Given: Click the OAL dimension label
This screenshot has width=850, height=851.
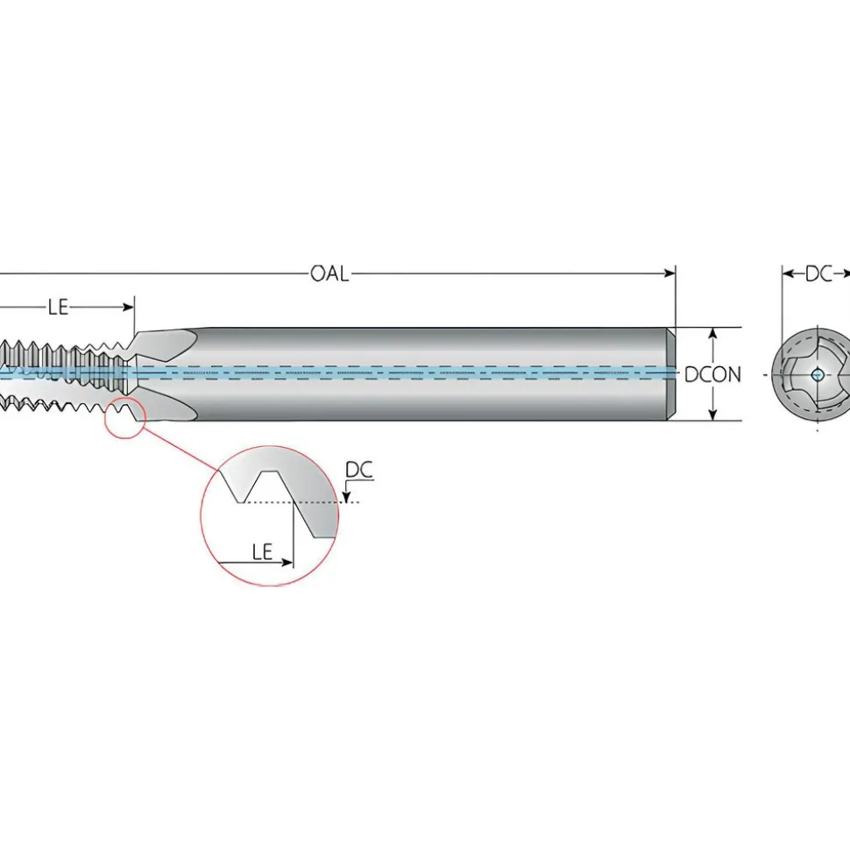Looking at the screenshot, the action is tap(329, 273).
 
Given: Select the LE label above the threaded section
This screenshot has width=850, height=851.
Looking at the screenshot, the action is tap(58, 308).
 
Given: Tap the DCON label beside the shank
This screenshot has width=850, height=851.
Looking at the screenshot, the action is tap(712, 374).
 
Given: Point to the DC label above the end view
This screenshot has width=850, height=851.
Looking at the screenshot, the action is tap(818, 274).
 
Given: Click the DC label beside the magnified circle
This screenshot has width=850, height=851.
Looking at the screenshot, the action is tap(359, 470).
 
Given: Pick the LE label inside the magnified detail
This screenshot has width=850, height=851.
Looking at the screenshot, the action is tap(262, 552).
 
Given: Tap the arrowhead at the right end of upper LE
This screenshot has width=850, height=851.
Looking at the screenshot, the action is tap(128, 308).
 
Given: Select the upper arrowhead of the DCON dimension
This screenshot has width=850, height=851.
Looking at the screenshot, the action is tap(713, 333).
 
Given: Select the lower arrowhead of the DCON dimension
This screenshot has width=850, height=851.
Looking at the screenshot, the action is tap(713, 414).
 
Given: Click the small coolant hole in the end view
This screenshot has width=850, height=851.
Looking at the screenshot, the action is tap(818, 374).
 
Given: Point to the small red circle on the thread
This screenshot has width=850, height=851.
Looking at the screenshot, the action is tap(124, 418).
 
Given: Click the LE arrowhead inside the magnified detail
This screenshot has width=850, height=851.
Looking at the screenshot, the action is tap(287, 563).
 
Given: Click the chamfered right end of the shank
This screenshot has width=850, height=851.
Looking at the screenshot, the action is tap(671, 374).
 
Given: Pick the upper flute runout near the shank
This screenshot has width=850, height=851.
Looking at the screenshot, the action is tap(166, 344).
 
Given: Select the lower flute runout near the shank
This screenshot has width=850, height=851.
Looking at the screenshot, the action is tap(166, 404).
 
